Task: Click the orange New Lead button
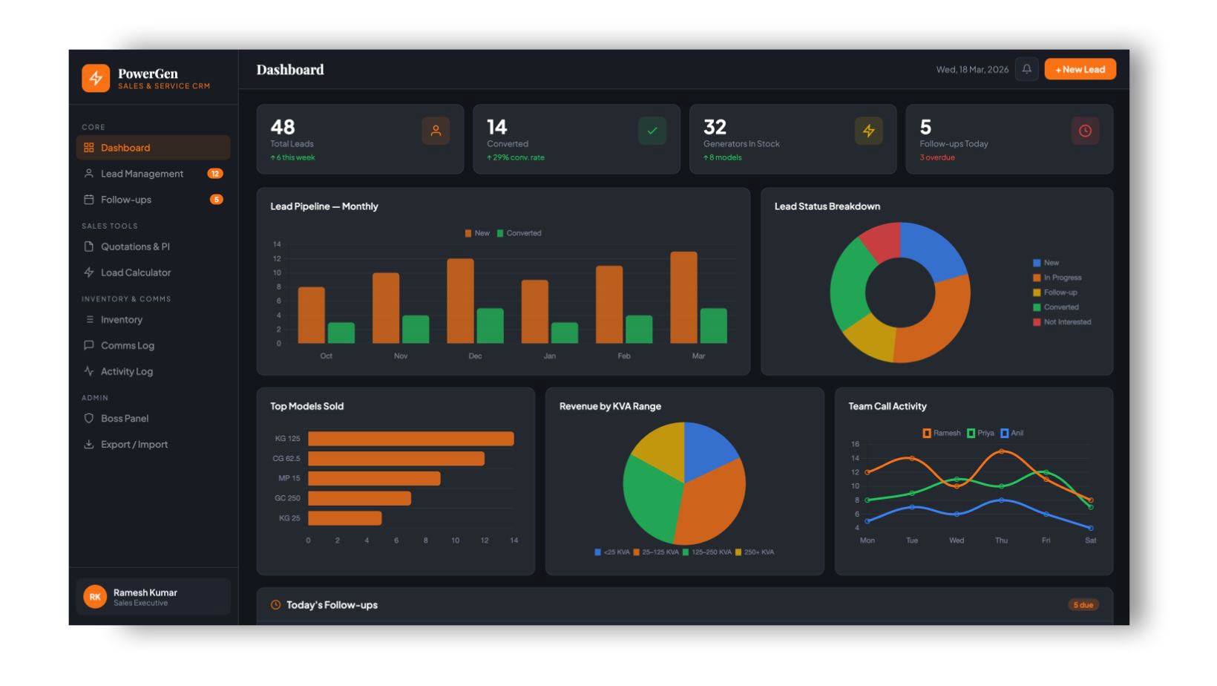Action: [x=1080, y=69]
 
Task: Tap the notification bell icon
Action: [x=1026, y=69]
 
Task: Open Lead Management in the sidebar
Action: [x=142, y=174]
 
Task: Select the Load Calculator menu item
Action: [x=136, y=272]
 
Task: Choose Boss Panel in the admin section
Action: [x=125, y=419]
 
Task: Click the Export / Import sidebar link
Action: [x=134, y=445]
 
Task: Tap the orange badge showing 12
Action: [x=214, y=174]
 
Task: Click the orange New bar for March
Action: [x=683, y=297]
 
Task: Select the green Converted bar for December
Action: [x=490, y=325]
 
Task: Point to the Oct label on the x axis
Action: [x=326, y=356]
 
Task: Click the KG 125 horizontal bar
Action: [x=410, y=439]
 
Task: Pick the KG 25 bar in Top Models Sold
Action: [x=344, y=518]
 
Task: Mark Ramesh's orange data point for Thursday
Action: [x=1001, y=451]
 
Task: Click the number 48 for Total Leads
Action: [x=283, y=127]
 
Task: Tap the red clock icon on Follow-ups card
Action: [x=1085, y=131]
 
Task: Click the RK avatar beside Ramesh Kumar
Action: [x=95, y=597]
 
